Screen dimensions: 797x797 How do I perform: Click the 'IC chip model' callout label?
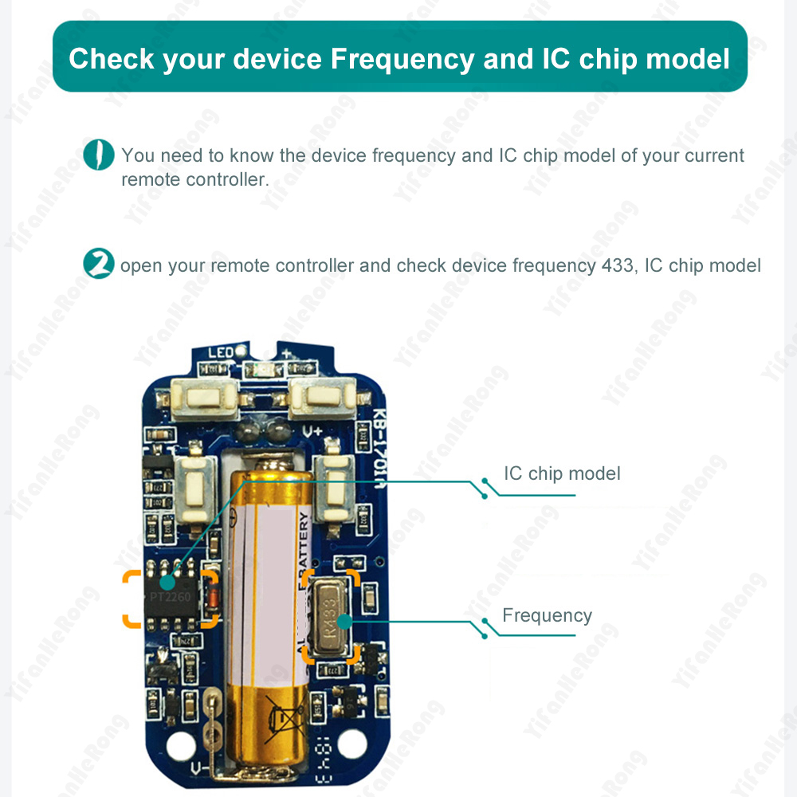point(561,473)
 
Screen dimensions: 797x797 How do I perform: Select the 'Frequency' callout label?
point(547,615)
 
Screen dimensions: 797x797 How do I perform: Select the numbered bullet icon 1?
point(99,154)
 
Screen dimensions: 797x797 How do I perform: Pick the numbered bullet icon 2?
point(99,265)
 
